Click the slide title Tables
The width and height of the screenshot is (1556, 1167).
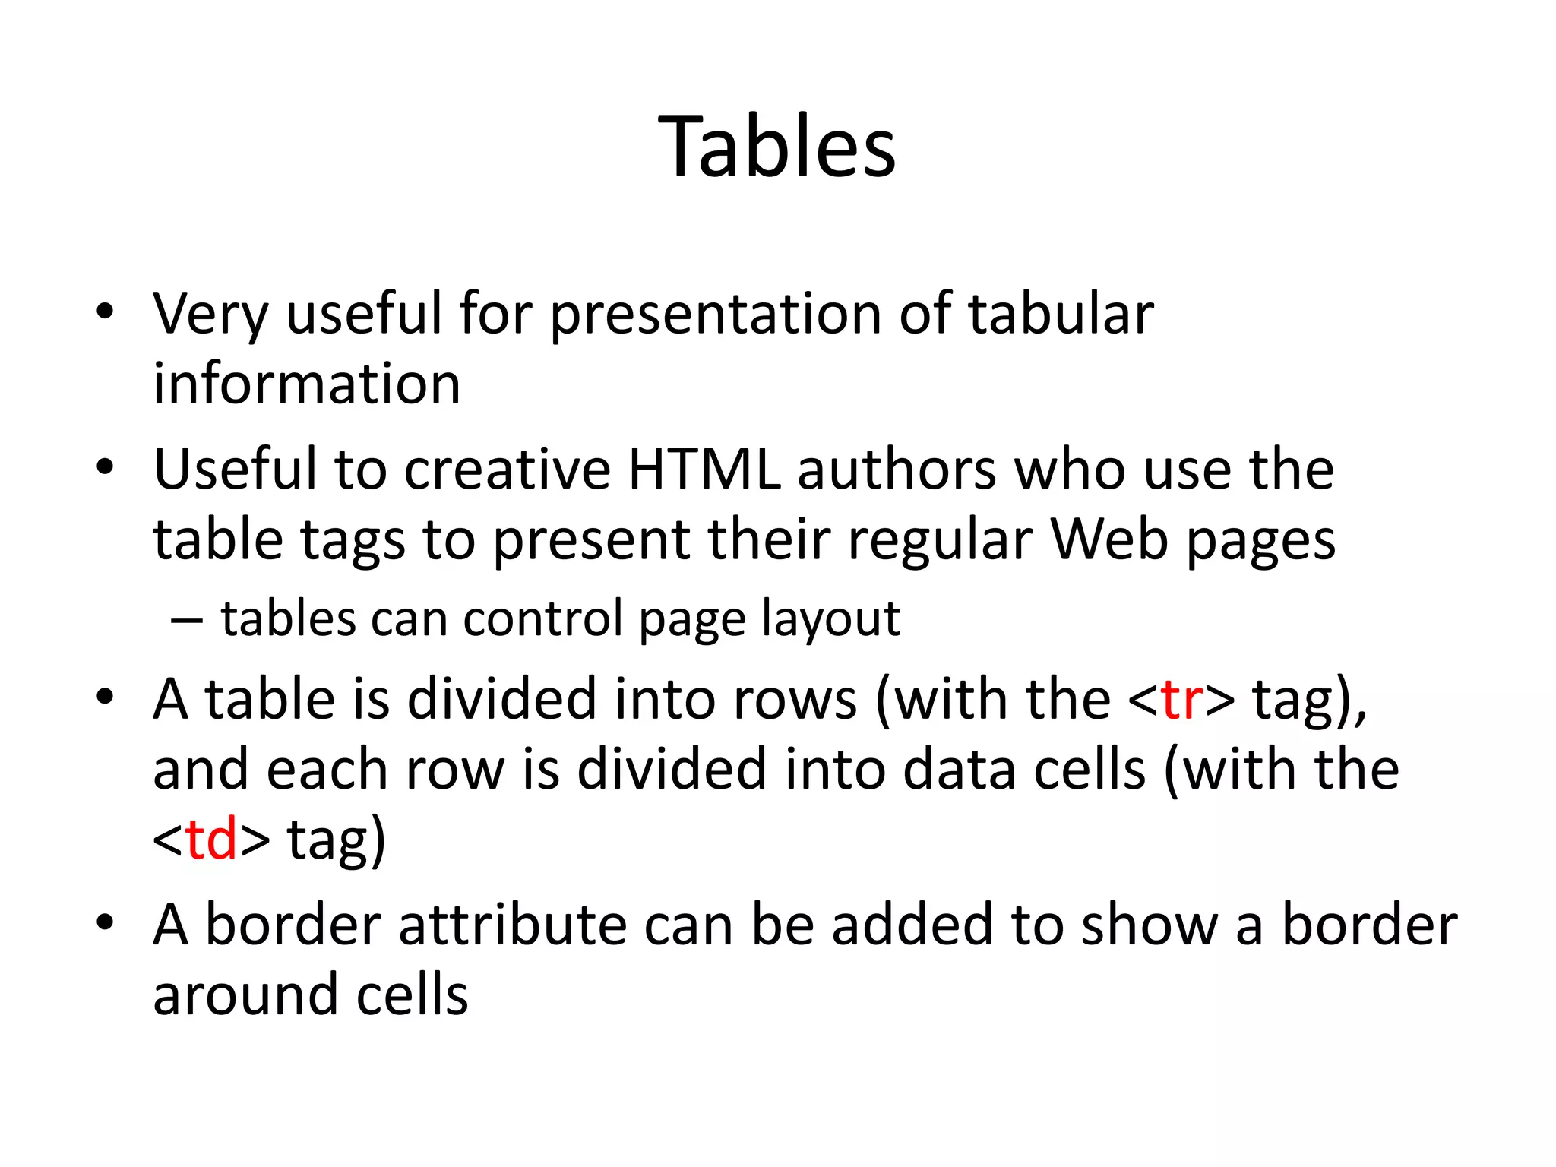coord(776,146)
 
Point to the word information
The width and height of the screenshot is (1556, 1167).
coord(307,383)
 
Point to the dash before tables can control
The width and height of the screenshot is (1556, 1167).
coord(187,620)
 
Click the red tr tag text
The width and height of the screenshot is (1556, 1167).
coord(1181,699)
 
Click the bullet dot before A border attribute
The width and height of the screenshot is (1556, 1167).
coord(105,923)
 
